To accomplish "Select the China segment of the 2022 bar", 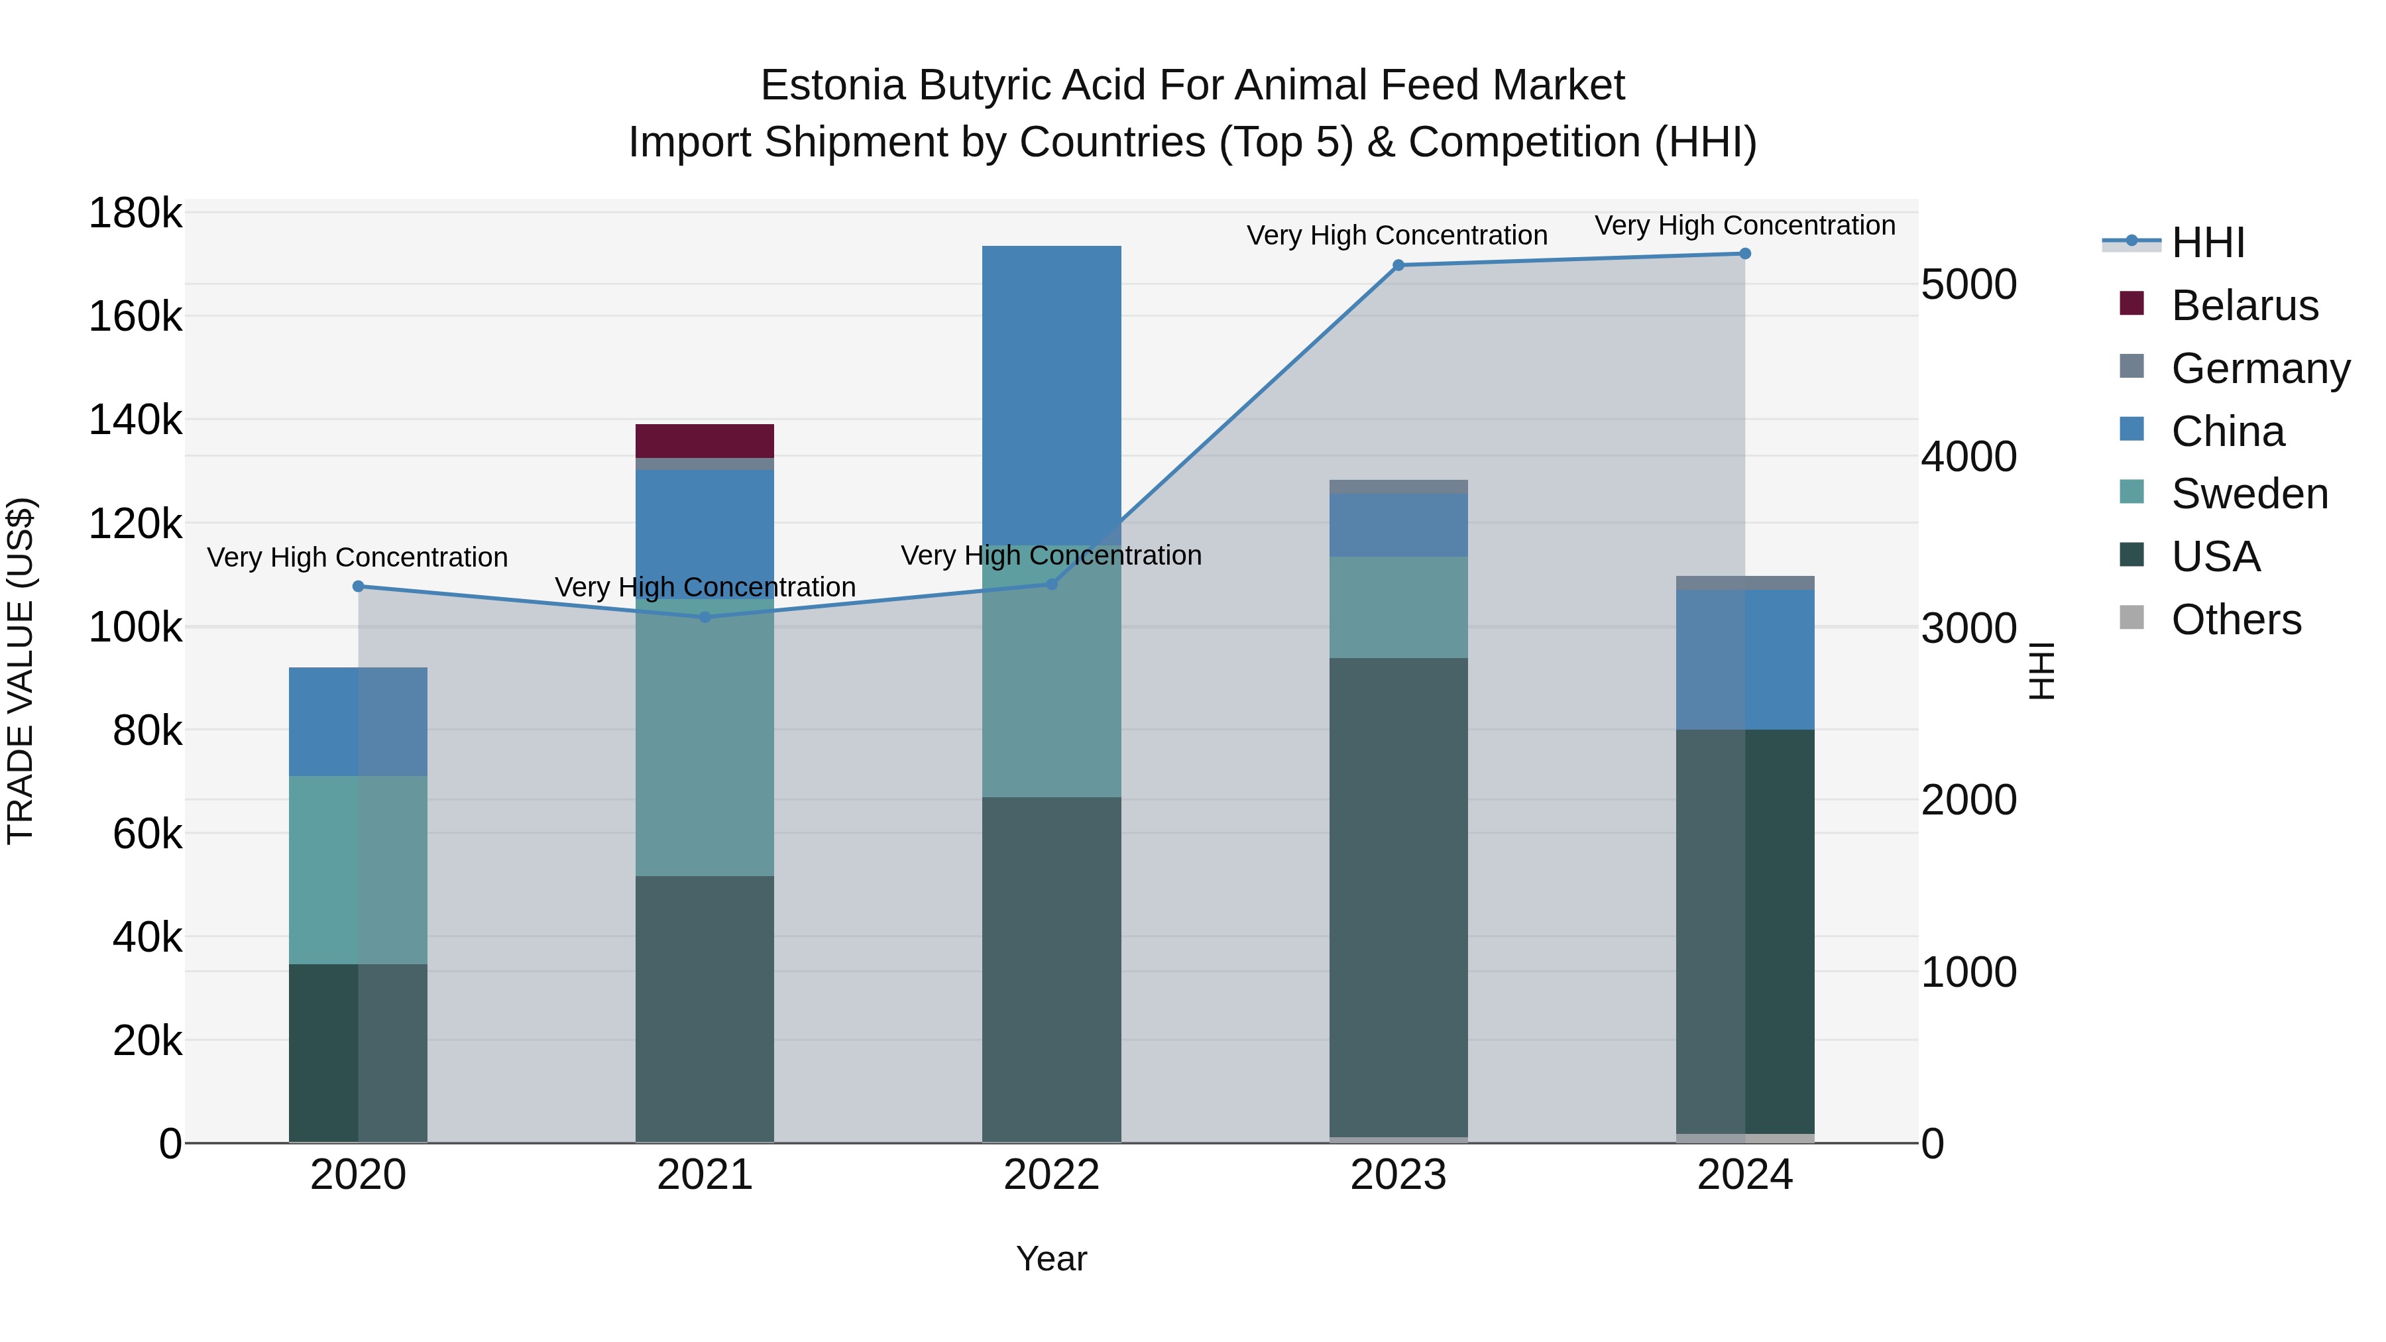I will click(x=1051, y=389).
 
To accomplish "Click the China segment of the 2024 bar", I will click(x=1744, y=659).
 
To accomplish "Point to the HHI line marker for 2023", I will click(x=1398, y=265).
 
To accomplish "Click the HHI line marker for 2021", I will click(x=705, y=617).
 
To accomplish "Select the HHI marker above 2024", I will click(x=1744, y=254).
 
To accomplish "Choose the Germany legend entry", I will click(x=2260, y=368).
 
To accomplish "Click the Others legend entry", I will click(x=2235, y=620).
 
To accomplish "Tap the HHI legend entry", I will click(x=2207, y=243).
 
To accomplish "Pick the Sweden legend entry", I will click(x=2249, y=494).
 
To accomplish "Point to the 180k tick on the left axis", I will click(x=135, y=214).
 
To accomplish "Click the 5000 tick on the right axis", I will click(x=1968, y=285).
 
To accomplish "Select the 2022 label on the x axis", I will click(x=1051, y=1175).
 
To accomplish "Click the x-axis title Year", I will click(x=1051, y=1258).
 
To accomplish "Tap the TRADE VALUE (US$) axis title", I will click(x=21, y=671).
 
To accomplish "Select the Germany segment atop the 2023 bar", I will click(x=1398, y=486).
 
